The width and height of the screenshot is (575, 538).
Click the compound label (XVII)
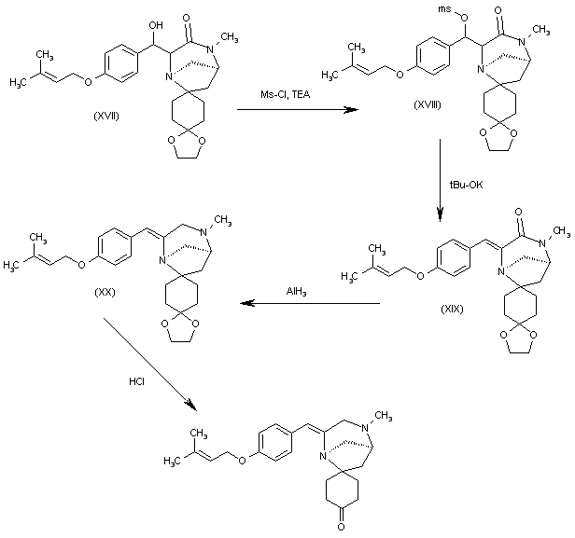click(x=106, y=117)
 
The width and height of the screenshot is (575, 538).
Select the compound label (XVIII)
click(x=428, y=104)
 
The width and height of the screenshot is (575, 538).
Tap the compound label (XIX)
click(x=452, y=310)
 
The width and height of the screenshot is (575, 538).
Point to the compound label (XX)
click(x=105, y=292)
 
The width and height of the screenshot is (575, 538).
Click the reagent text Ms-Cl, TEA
click(x=286, y=94)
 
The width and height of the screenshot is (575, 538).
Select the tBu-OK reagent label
click(x=466, y=185)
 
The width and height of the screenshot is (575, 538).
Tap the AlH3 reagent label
click(x=296, y=292)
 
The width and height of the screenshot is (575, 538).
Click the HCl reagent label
click(x=136, y=381)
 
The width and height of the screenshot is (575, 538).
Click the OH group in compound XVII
click(x=156, y=25)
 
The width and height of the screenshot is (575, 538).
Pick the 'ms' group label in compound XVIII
click(x=444, y=8)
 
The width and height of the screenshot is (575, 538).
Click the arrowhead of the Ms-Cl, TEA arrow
click(x=351, y=109)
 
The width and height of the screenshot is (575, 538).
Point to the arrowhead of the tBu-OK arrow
click(x=440, y=214)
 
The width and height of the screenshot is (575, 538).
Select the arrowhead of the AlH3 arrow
click(x=247, y=303)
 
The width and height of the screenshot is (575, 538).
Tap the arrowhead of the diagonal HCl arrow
click(x=191, y=406)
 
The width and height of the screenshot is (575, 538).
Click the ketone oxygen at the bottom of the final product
click(x=341, y=527)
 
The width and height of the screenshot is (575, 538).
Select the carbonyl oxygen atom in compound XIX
click(x=518, y=212)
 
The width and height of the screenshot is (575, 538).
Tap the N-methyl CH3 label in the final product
click(x=384, y=417)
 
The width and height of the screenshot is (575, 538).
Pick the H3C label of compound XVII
click(x=18, y=83)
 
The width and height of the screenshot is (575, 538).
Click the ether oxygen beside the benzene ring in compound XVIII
click(x=400, y=75)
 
